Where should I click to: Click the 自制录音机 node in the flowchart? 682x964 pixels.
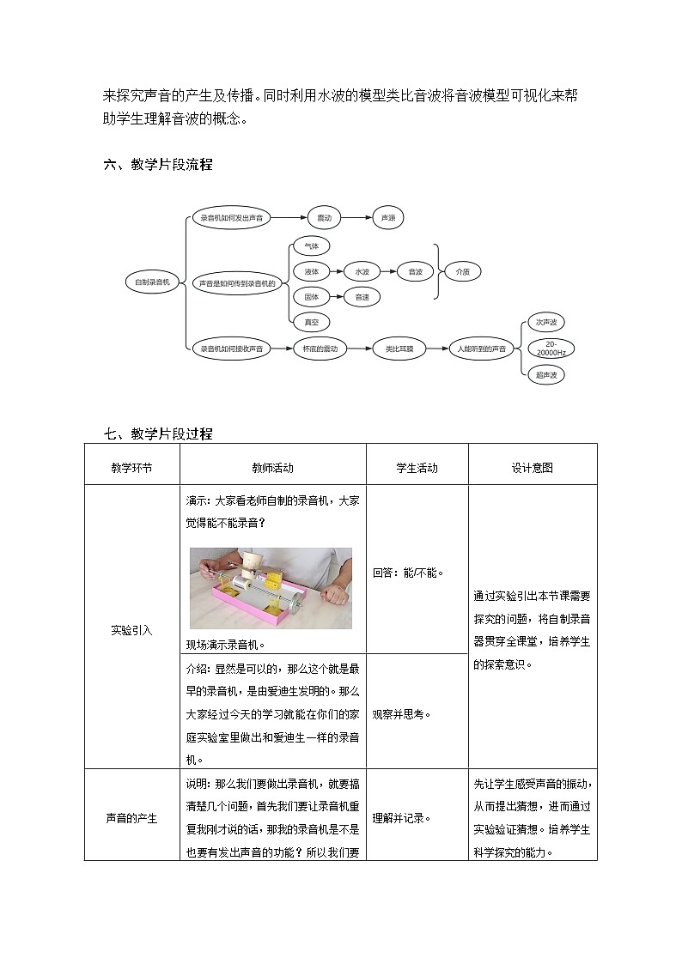point(153,282)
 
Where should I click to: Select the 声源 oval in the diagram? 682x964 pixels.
point(388,218)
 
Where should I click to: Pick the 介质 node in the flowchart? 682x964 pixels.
point(462,271)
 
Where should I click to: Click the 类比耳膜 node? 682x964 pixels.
point(399,349)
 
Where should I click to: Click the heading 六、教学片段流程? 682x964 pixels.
point(157,165)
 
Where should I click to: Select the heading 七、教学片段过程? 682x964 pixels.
point(157,433)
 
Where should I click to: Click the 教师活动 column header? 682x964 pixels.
point(272,468)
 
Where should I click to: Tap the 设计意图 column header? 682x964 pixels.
point(532,468)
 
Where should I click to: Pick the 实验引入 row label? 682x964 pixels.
point(131,629)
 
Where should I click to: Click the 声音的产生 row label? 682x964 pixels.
point(131,818)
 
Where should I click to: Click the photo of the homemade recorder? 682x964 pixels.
point(271,588)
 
